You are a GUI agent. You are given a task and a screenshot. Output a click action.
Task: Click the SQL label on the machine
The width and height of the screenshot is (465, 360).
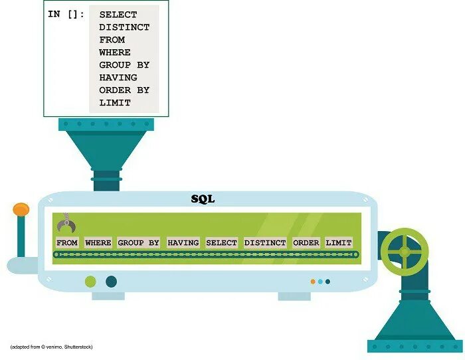point(203,199)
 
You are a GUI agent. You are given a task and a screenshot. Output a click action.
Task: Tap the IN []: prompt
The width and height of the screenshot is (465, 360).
point(66,15)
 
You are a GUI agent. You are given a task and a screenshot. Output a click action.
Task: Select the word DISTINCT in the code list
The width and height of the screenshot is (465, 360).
point(124,27)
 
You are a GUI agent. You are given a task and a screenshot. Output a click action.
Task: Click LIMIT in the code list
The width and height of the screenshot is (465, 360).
point(115,103)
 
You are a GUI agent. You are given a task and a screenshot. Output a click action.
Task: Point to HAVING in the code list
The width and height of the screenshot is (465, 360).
point(119,78)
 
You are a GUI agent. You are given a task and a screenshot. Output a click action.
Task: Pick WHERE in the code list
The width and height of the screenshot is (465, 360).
point(115,52)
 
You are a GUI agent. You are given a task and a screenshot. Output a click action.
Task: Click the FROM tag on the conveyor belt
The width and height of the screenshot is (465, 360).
point(67,243)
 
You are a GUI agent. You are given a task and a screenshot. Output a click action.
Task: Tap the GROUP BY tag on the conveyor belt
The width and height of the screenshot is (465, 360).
point(138,243)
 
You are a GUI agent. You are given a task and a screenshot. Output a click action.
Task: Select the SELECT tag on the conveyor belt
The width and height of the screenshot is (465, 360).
point(221,243)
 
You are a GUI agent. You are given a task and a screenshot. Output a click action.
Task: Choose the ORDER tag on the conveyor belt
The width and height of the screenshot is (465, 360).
point(306,243)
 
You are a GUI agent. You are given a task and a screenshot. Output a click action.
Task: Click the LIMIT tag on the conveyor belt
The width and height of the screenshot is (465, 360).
point(339,243)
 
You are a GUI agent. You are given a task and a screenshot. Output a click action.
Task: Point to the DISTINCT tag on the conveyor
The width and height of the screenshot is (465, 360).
point(265,243)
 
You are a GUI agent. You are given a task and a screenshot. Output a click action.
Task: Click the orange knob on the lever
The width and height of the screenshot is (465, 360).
point(21,210)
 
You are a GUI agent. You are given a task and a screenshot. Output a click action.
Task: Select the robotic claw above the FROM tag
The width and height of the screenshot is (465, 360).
point(64,224)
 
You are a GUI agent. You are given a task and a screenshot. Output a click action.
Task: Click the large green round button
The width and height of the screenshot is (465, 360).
point(90,282)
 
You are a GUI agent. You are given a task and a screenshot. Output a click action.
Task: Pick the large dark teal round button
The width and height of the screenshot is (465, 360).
point(111,282)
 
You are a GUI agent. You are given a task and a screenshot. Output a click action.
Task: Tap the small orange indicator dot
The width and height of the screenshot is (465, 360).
point(313,282)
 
